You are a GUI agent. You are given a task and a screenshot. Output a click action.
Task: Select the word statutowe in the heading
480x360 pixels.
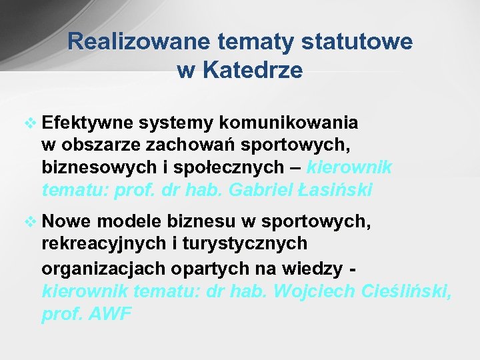(357, 42)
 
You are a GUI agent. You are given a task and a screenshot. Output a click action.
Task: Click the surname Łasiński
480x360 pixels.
(336, 190)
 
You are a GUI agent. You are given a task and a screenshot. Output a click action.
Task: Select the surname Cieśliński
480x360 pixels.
(406, 291)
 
